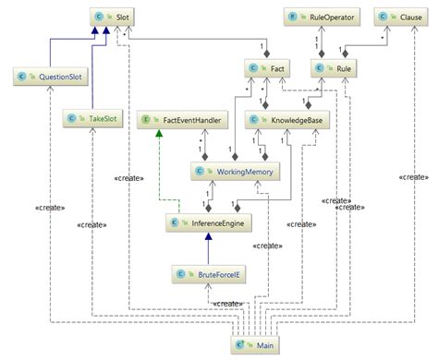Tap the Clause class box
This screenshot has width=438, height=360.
pyautogui.click(x=400, y=17)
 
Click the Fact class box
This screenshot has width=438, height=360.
pyautogui.click(x=268, y=68)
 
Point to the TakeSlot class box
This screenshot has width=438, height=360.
pyautogui.click(x=94, y=119)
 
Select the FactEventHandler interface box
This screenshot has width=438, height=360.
pyautogui.click(x=181, y=119)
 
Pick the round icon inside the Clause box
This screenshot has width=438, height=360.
pyautogui.click(x=383, y=17)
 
